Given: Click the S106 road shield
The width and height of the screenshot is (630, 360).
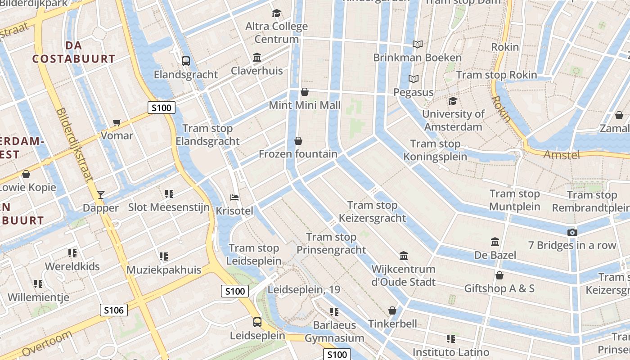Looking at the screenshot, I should (x=113, y=310).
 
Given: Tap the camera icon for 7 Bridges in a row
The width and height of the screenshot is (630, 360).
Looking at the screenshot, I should (x=572, y=232).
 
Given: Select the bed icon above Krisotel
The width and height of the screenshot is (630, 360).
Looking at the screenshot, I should (x=234, y=197).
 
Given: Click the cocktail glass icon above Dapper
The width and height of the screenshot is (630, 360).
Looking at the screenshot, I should (x=101, y=194).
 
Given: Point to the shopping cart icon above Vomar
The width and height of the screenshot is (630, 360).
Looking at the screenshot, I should (x=117, y=122).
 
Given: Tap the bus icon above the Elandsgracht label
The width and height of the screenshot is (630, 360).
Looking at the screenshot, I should (x=185, y=61).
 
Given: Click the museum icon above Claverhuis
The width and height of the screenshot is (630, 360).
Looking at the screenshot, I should (x=257, y=57).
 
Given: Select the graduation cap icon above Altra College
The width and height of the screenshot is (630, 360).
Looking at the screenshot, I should (x=276, y=13).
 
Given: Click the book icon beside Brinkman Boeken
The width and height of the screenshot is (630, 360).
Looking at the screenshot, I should (x=418, y=44).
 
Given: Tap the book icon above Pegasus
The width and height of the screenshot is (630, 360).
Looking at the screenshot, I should (x=414, y=79).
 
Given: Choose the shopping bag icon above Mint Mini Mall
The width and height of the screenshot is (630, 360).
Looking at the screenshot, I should (x=305, y=92).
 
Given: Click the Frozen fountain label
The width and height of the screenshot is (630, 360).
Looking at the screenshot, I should (x=298, y=154).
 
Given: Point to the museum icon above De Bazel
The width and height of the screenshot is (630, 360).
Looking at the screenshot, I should (x=495, y=242).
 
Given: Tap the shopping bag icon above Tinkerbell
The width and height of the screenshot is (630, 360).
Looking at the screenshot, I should (x=392, y=310).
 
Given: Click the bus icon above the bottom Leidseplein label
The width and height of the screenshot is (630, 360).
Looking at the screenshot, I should (x=257, y=322).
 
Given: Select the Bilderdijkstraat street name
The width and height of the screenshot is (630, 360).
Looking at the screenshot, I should (x=75, y=144).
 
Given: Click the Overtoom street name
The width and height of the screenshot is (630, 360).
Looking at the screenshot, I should (x=47, y=344).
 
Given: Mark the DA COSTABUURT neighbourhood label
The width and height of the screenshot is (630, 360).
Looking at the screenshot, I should (x=73, y=52).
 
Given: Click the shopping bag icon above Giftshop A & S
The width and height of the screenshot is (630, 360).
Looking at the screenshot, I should (x=499, y=275).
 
